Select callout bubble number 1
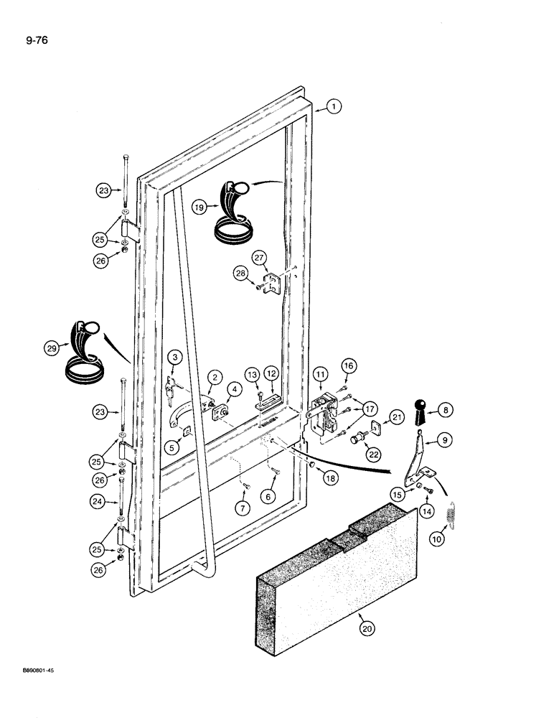333,107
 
